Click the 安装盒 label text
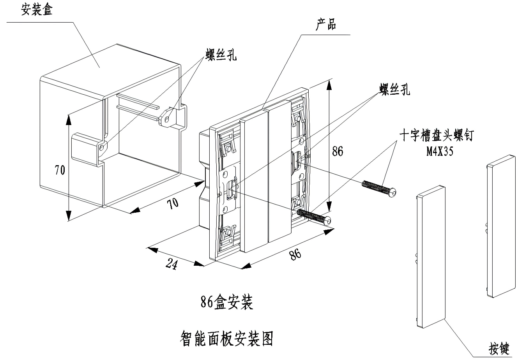tap(37, 9)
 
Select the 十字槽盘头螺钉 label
tap(436, 136)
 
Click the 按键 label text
tap(499, 348)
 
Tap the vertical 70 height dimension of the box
tap(60, 170)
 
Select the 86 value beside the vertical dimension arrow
tap(338, 151)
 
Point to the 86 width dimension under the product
tap(295, 254)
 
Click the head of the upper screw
tap(395, 192)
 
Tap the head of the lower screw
tap(329, 221)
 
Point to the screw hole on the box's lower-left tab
tap(102, 147)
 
